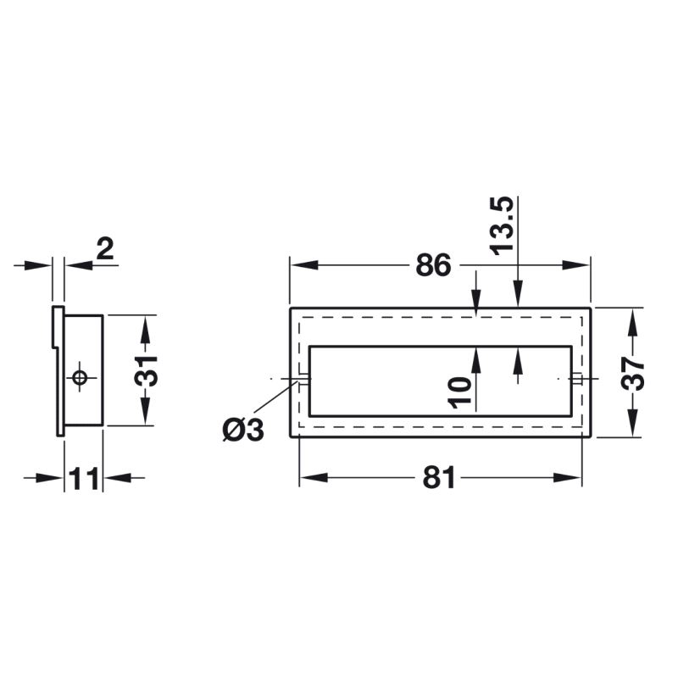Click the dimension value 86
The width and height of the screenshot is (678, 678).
pyautogui.click(x=433, y=265)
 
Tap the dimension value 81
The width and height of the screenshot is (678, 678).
pyautogui.click(x=439, y=477)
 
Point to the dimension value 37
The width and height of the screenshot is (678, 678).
pyautogui.click(x=633, y=373)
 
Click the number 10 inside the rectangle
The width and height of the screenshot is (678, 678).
pyautogui.click(x=459, y=393)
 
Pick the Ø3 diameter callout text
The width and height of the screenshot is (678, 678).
pyautogui.click(x=242, y=431)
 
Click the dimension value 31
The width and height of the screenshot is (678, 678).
pyautogui.click(x=146, y=370)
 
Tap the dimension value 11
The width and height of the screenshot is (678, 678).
pyautogui.click(x=84, y=478)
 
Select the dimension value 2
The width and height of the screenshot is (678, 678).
pyautogui.click(x=105, y=249)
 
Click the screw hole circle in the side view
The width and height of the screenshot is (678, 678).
pyautogui.click(x=79, y=377)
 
